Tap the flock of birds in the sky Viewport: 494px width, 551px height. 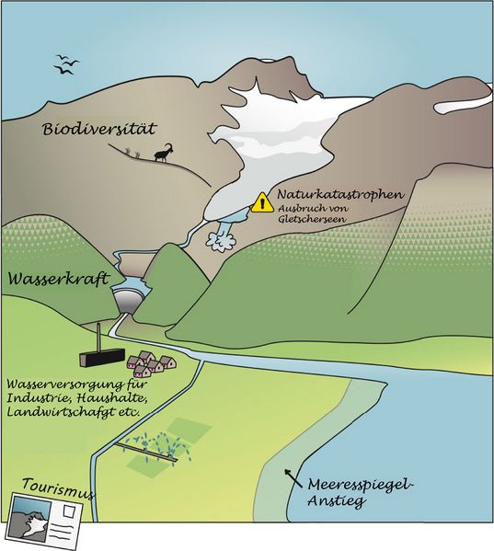[65, 64]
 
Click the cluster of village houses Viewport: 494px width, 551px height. [151, 364]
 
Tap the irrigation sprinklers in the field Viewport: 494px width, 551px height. [153, 447]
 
